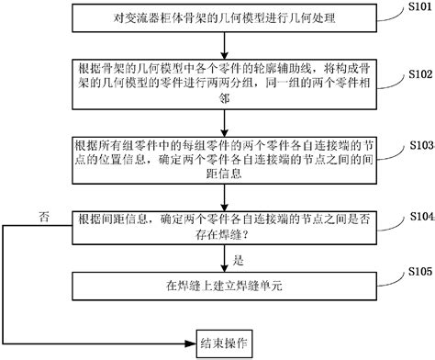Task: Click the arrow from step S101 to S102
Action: [218, 42]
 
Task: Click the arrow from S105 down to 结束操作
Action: [218, 314]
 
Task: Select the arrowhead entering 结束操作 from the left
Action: [188, 341]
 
